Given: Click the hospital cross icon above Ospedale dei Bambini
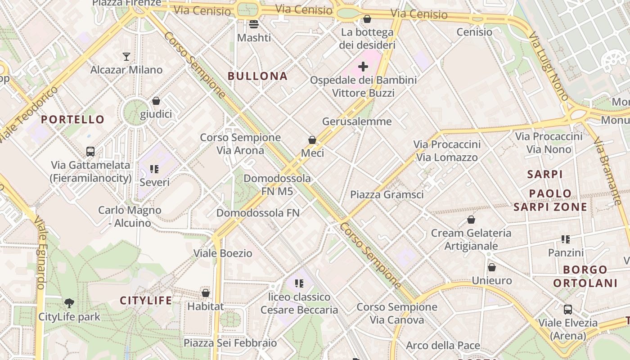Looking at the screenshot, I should click(x=363, y=67).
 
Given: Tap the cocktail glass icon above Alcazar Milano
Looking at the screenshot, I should click(x=126, y=57).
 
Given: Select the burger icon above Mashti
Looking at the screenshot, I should click(x=254, y=24).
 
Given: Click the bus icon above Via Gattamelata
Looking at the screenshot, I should click(x=90, y=152).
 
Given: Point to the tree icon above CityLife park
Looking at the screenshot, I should click(x=69, y=303).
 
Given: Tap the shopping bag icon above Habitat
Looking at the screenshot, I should click(x=206, y=293).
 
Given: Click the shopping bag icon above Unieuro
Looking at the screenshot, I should click(x=492, y=267).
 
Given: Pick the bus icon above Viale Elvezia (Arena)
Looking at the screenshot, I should click(x=568, y=310).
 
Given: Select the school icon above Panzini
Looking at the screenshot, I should click(x=566, y=239).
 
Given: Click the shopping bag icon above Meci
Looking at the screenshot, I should click(x=312, y=140).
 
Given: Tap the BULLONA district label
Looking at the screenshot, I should click(x=257, y=76).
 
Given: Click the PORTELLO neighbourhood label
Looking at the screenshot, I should click(x=72, y=120).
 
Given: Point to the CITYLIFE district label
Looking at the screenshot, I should click(x=146, y=301).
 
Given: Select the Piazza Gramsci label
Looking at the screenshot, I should click(x=387, y=195).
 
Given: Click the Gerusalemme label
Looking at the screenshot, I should click(x=357, y=121).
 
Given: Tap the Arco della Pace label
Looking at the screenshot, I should click(x=443, y=346).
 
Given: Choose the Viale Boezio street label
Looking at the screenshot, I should click(x=223, y=253).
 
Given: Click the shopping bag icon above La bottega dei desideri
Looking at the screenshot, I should click(x=367, y=19).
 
